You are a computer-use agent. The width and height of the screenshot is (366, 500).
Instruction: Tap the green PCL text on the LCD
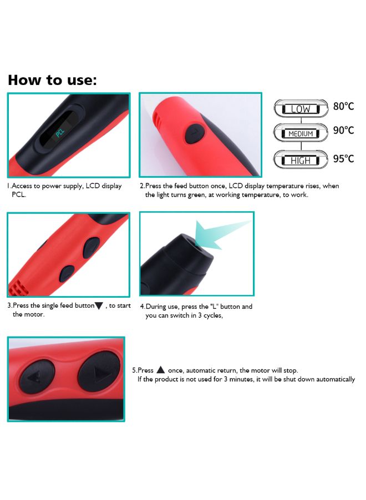click(59, 134)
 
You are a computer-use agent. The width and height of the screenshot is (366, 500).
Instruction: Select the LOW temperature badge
click(300, 109)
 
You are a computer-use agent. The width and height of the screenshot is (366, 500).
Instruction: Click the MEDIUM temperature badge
click(300, 134)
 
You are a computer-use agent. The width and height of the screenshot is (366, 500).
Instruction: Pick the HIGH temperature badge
click(300, 160)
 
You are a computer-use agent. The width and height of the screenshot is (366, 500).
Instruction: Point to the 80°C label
click(343, 106)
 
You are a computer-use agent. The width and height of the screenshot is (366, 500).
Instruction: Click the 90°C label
click(343, 130)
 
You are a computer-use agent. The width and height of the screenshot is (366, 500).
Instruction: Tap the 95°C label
click(343, 158)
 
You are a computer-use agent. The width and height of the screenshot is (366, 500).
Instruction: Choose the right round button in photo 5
click(99, 371)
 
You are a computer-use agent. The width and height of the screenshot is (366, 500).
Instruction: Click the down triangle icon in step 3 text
click(99, 306)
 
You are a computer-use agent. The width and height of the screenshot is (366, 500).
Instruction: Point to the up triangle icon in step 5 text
click(160, 370)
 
